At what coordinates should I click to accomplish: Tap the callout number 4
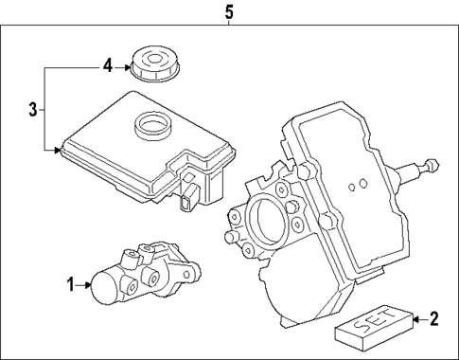tap(108, 65)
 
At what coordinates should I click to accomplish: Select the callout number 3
tap(32, 110)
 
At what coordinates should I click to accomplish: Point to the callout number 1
tap(69, 283)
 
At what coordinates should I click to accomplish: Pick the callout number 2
tap(433, 318)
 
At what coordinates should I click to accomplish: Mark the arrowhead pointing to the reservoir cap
tap(128, 65)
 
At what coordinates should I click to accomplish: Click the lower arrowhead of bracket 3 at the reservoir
tap(60, 149)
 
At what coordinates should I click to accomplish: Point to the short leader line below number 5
tap(227, 25)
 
